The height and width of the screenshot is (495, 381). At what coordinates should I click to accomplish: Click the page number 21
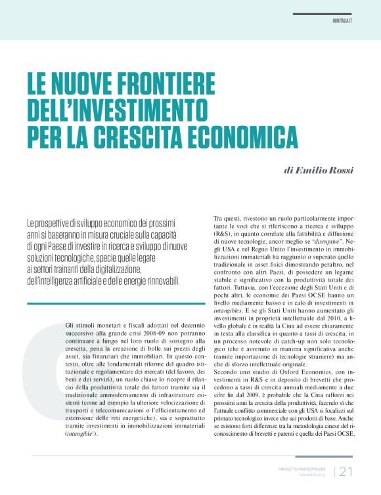(346, 471)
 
